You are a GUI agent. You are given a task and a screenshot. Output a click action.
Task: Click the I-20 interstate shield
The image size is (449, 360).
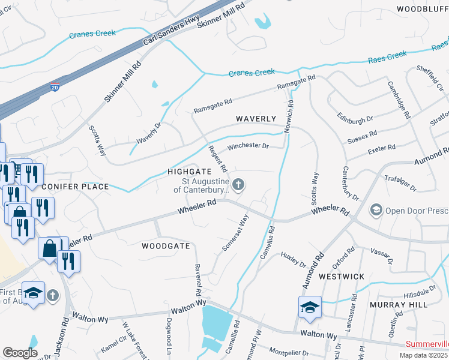(55, 87)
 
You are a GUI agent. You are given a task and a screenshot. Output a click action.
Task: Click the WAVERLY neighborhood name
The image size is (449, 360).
(255, 119)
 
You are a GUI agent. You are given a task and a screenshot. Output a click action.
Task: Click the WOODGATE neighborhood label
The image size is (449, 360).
(166, 246)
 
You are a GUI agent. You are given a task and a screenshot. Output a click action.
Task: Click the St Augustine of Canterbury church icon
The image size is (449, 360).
(238, 185)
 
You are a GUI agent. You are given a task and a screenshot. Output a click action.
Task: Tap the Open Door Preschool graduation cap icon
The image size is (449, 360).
(376, 210)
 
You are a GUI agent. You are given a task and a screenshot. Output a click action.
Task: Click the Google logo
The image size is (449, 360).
(20, 352)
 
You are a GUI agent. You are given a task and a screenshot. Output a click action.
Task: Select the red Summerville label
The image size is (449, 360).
(427, 344)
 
